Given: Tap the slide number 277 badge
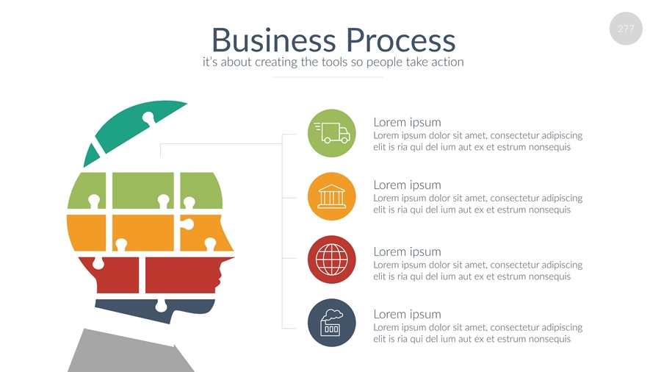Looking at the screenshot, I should pyautogui.click(x=626, y=29).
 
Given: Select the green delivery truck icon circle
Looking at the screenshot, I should pyautogui.click(x=332, y=133).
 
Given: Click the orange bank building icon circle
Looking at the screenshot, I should pyautogui.click(x=332, y=196).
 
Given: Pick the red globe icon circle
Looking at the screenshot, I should pyautogui.click(x=332, y=260).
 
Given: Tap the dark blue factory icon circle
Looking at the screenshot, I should pyautogui.click(x=332, y=322).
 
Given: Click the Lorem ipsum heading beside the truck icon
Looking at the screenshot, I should pyautogui.click(x=407, y=122).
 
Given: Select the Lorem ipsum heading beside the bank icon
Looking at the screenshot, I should pyautogui.click(x=407, y=185).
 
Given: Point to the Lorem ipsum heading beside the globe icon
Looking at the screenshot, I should pyautogui.click(x=407, y=251).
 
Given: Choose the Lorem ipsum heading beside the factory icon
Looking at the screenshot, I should pyautogui.click(x=407, y=314).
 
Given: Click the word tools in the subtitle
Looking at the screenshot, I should pyautogui.click(x=334, y=62).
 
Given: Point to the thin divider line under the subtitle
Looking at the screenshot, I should pyautogui.click(x=328, y=76).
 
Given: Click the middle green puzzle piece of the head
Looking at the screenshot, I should pyautogui.click(x=143, y=190).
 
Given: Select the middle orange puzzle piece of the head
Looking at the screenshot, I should pyautogui.click(x=143, y=232).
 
